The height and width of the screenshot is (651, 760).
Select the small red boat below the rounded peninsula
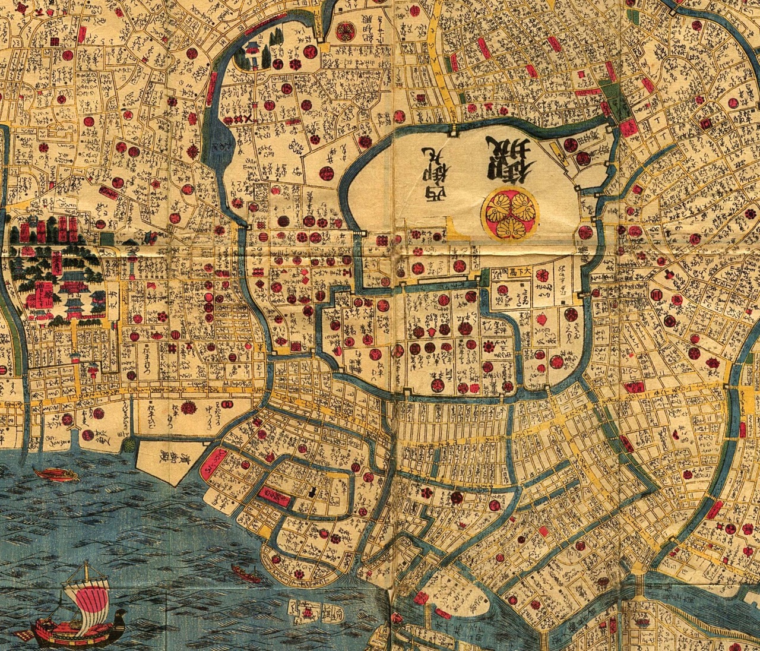pyautogui.click(x=246, y=574)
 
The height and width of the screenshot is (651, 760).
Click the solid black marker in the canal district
pyautogui.click(x=312, y=491)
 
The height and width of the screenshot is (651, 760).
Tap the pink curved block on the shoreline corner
pyautogui.click(x=216, y=462)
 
